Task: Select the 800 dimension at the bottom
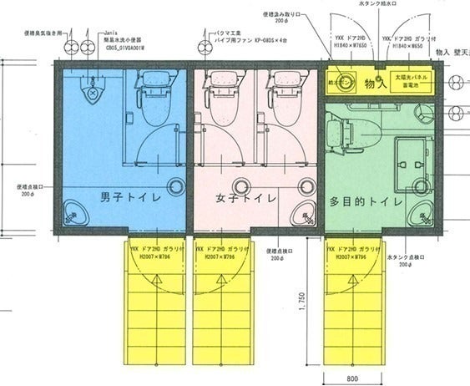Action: (x=352, y=378)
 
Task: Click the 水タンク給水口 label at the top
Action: (x=379, y=5)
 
